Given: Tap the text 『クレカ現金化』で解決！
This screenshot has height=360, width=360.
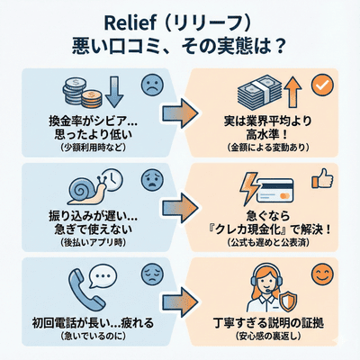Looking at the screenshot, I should coord(266,230).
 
